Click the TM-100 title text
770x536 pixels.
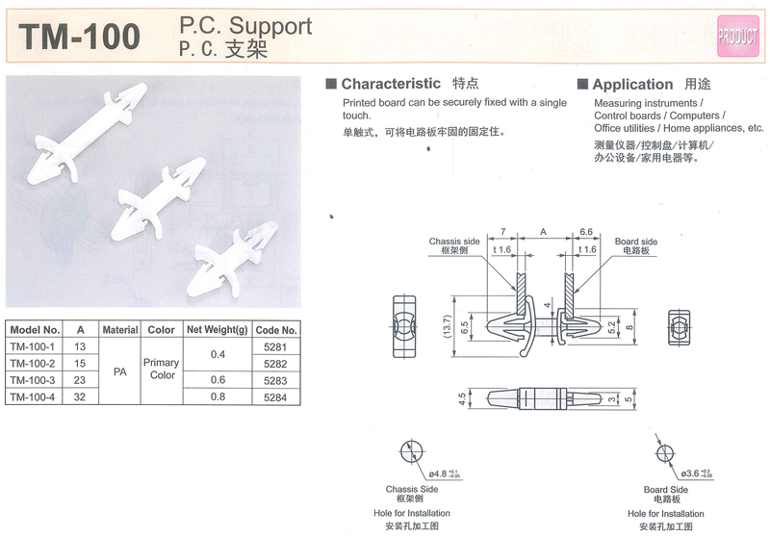81,36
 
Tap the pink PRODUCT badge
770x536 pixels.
738,36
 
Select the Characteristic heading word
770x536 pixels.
391,85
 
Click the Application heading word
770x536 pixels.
632,85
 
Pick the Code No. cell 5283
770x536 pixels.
276,381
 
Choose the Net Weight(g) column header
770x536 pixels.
218,329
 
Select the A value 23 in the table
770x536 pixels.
80,381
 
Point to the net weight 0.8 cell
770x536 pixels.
218,397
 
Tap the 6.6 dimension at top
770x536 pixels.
585,232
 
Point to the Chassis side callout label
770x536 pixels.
453,242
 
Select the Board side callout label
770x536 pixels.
635,242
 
